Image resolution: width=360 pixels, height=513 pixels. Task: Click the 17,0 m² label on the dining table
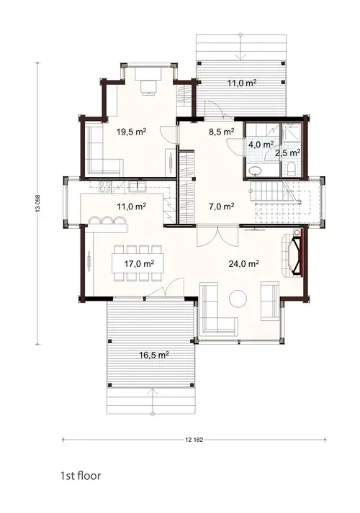138,263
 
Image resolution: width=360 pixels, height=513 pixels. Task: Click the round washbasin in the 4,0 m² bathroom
256,171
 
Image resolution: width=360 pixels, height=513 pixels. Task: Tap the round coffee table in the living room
237,297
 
